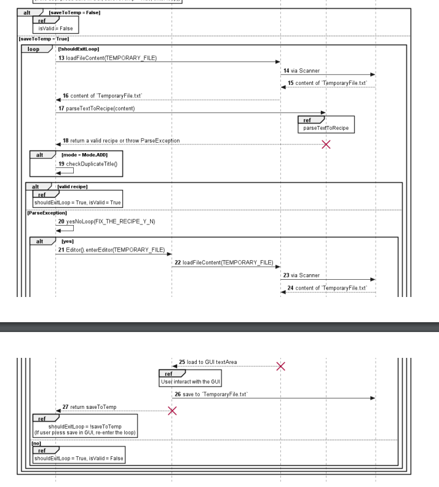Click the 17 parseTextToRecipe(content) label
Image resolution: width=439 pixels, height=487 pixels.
(100, 109)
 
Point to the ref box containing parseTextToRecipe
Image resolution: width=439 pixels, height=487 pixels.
(325, 125)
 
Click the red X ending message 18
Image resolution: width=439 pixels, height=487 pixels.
(326, 145)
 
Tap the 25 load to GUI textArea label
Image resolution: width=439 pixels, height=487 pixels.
(211, 362)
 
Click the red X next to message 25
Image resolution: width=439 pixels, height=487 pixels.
(281, 366)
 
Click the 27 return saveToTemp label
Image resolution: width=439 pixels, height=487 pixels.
(92, 406)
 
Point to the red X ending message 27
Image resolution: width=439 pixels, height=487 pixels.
(172, 410)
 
